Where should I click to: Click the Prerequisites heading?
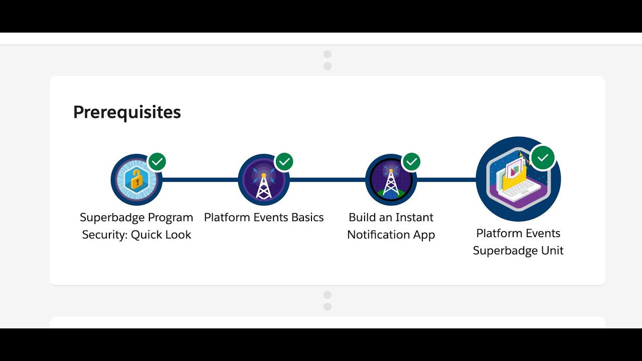[127, 112]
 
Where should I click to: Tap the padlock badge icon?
[136, 179]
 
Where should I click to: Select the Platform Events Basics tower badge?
[264, 180]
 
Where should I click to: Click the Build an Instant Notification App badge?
[391, 180]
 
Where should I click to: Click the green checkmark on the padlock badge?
[157, 161]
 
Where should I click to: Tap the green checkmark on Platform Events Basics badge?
[284, 161]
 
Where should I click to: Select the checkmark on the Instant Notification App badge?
[412, 161]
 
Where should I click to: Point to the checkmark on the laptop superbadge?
[543, 158]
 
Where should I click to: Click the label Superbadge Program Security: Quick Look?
[136, 226]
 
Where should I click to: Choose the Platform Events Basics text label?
[264, 218]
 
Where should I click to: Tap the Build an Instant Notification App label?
[391, 226]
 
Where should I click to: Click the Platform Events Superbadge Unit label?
[518, 242]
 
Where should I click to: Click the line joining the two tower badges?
[327, 179]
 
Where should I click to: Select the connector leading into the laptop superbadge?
[446, 179]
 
